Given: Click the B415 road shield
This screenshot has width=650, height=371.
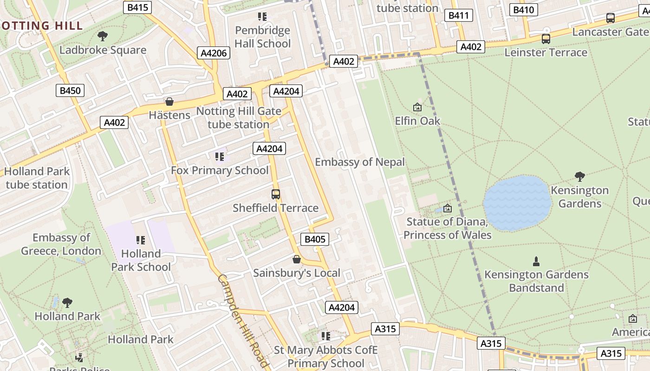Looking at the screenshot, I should [x=138, y=7].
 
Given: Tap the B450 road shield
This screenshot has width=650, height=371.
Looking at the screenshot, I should [x=71, y=90].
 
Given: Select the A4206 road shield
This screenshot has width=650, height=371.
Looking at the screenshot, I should [x=214, y=53].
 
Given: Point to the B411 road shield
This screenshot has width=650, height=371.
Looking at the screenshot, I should [x=458, y=16].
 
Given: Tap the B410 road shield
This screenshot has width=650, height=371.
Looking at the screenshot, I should [x=523, y=10].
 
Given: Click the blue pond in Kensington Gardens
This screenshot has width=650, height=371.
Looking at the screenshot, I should [x=517, y=203].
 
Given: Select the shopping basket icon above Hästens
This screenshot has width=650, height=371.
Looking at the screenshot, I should [x=169, y=102].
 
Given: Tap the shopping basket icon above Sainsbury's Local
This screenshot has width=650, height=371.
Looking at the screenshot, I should [x=296, y=259].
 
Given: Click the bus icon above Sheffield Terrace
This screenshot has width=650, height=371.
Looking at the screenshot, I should [x=276, y=194].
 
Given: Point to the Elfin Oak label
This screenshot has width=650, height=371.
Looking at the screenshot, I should [x=417, y=121].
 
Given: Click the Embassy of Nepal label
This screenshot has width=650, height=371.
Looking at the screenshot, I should [x=360, y=162].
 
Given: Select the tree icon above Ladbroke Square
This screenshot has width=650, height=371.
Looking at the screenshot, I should [x=103, y=36].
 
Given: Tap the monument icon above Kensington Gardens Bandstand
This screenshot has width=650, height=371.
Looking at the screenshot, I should [x=536, y=261].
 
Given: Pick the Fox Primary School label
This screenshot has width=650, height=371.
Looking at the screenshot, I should [x=220, y=170].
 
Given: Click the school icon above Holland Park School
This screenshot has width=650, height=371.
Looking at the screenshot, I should [x=141, y=240].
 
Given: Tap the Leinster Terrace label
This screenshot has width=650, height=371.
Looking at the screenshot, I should [x=546, y=52].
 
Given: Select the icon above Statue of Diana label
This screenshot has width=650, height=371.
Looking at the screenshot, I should [x=447, y=208].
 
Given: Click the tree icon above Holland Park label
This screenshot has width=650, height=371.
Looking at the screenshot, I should [x=67, y=303].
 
